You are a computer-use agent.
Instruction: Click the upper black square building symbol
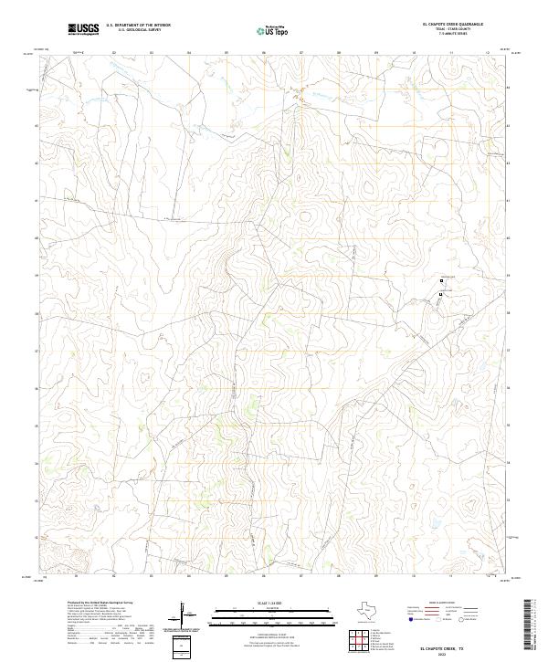tap(441, 280)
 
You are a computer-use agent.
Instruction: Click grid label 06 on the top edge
tap(263, 53)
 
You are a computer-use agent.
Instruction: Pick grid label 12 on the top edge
tap(489, 53)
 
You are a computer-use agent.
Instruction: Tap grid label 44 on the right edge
tap(509, 88)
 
